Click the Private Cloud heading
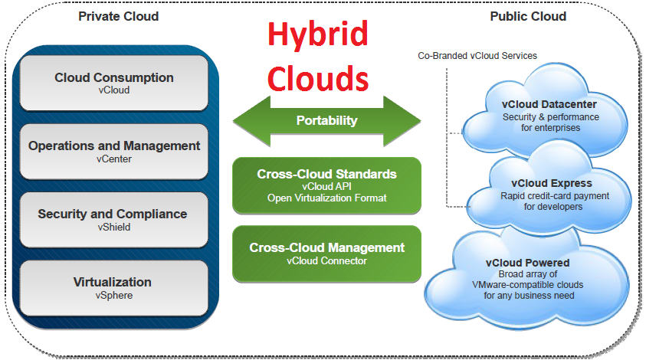pos(118,17)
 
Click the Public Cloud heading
pos(528,17)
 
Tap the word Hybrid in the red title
pos(318,34)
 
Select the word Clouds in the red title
pos(318,78)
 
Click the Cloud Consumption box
pos(114,83)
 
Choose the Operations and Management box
pos(114,152)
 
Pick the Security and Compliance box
pos(114,220)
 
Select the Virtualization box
pos(114,288)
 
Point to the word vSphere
pos(114,296)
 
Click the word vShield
pos(114,227)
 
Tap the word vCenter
pos(114,159)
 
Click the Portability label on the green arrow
pos(326,121)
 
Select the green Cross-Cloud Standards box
pos(326,186)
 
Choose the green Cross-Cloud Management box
pos(326,254)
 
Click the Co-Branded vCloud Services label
pos(477,56)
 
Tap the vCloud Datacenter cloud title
pos(549,105)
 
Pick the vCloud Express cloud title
pos(552,183)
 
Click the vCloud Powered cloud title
pos(527,263)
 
